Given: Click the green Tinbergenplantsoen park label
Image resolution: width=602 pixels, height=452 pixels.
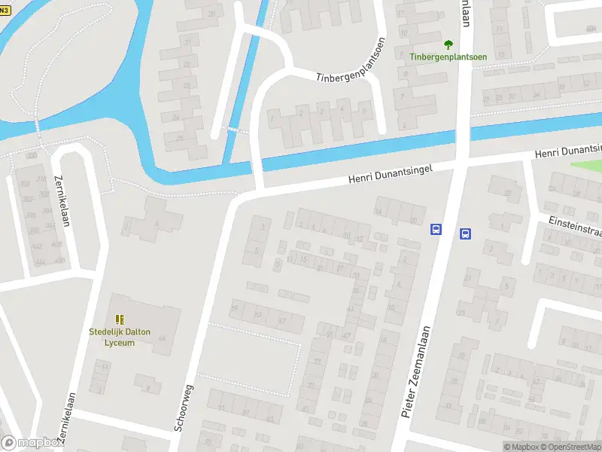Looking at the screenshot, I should tap(448, 56).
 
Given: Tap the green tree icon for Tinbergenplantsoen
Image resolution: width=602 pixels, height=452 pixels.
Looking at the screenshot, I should tap(448, 44).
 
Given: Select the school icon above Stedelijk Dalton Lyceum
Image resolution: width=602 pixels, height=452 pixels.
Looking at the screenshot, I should tap(119, 321).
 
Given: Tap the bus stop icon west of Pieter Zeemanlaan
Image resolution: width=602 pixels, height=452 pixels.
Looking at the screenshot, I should tap(436, 230).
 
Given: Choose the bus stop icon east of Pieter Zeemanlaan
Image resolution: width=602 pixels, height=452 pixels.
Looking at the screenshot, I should tap(465, 234).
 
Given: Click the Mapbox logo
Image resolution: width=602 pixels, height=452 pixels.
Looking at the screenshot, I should tap(32, 443).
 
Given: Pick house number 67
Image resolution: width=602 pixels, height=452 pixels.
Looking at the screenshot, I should tap(282, 321).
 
